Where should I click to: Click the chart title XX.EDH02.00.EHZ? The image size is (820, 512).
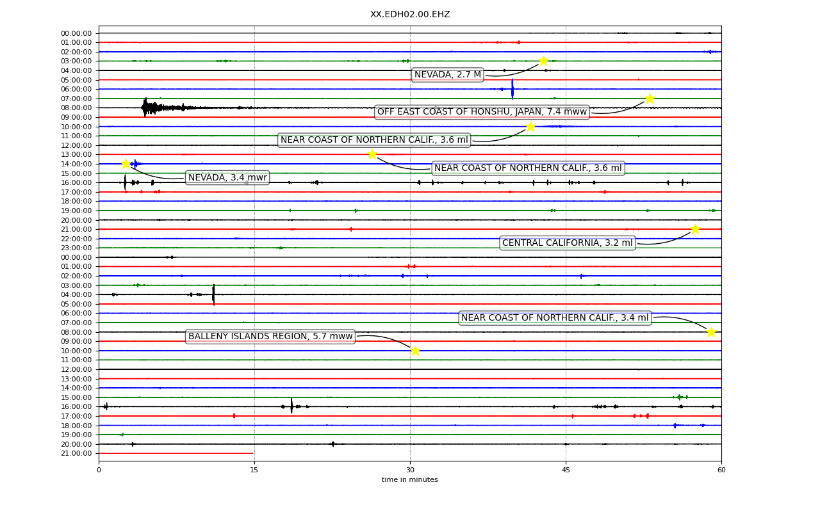click(410, 14)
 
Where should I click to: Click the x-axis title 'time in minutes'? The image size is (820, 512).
click(409, 479)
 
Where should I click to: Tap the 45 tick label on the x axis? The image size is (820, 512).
click(566, 470)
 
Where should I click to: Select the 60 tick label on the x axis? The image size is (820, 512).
click(721, 470)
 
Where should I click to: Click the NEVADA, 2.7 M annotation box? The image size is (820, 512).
click(447, 75)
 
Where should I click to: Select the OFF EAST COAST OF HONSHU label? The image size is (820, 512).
click(482, 112)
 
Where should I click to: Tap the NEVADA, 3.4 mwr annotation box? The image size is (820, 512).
click(227, 178)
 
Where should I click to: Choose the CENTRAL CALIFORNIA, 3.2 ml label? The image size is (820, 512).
click(568, 243)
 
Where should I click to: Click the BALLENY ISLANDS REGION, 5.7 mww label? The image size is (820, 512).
click(270, 337)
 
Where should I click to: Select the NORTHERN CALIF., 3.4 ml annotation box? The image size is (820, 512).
click(555, 318)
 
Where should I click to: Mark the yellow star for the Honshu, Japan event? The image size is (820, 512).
click(650, 99)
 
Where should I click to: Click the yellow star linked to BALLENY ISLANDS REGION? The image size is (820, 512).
click(415, 351)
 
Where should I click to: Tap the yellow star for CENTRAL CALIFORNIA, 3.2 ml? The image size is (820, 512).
click(695, 229)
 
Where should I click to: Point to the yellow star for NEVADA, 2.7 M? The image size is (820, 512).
click(543, 61)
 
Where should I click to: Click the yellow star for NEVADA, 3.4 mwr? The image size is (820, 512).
click(126, 164)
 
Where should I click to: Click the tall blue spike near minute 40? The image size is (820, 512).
click(512, 89)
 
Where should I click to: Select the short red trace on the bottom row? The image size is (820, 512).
click(176, 454)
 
